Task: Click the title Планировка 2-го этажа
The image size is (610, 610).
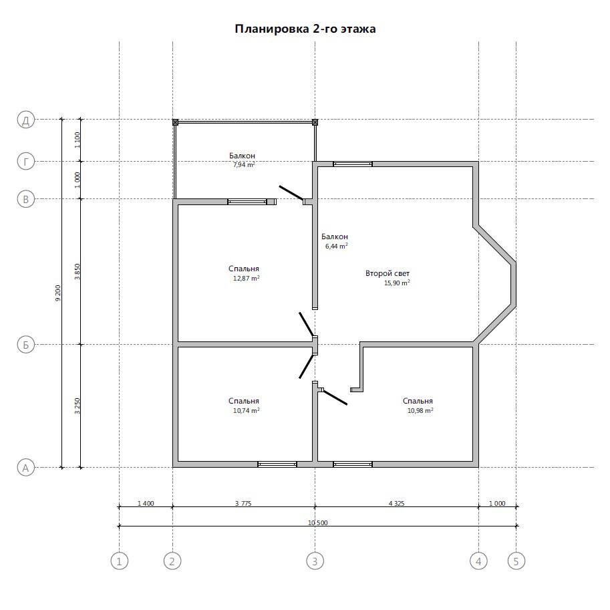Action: pyautogui.click(x=305, y=29)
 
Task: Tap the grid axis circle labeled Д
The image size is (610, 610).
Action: pyautogui.click(x=26, y=120)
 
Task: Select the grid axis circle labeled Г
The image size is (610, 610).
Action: pyautogui.click(x=26, y=162)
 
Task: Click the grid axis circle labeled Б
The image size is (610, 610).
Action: pyautogui.click(x=26, y=345)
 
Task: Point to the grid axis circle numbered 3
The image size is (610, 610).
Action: pyautogui.click(x=315, y=561)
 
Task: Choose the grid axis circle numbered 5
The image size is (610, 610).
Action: pyautogui.click(x=516, y=561)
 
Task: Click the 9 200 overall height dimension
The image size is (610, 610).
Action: pyautogui.click(x=58, y=293)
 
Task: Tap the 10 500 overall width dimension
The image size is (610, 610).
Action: pyautogui.click(x=318, y=522)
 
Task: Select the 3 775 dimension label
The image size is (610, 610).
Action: pyautogui.click(x=243, y=503)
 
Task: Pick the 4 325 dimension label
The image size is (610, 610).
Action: pyautogui.click(x=396, y=503)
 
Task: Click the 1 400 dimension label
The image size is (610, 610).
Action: pyautogui.click(x=146, y=503)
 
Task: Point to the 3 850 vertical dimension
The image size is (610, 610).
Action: pyautogui.click(x=77, y=271)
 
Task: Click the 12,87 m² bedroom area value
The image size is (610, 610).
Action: pyautogui.click(x=247, y=278)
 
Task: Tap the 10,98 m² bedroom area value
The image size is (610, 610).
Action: pyautogui.click(x=420, y=410)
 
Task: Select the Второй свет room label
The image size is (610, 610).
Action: pyautogui.click(x=388, y=273)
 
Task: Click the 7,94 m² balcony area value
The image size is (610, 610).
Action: pyautogui.click(x=244, y=164)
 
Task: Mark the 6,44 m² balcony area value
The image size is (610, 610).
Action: pyautogui.click(x=337, y=246)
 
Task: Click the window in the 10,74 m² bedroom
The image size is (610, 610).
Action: pyautogui.click(x=277, y=464)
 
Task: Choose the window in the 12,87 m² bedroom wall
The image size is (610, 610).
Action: pyautogui.click(x=247, y=202)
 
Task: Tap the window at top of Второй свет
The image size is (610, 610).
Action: pyautogui.click(x=353, y=164)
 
